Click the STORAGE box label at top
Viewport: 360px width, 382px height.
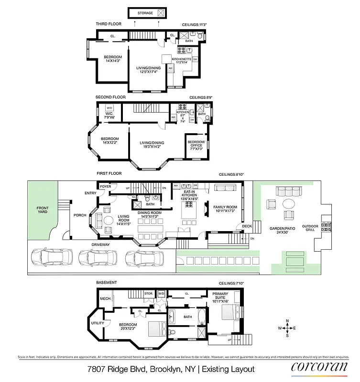pos(145,13)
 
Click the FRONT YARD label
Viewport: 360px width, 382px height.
pos(43,210)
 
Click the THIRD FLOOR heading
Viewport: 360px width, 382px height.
pos(109,23)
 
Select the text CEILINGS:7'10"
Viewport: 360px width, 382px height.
pos(231,284)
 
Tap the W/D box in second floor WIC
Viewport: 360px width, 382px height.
pos(109,108)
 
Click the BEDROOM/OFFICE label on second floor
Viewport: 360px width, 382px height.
pos(196,145)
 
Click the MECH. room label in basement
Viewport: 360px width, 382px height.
pos(105,299)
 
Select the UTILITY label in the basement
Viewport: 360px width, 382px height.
pos(98,323)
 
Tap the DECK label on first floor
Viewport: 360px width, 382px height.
pos(247,226)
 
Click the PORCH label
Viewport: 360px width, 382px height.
pos(79,215)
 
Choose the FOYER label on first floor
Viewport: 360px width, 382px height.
pos(105,186)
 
